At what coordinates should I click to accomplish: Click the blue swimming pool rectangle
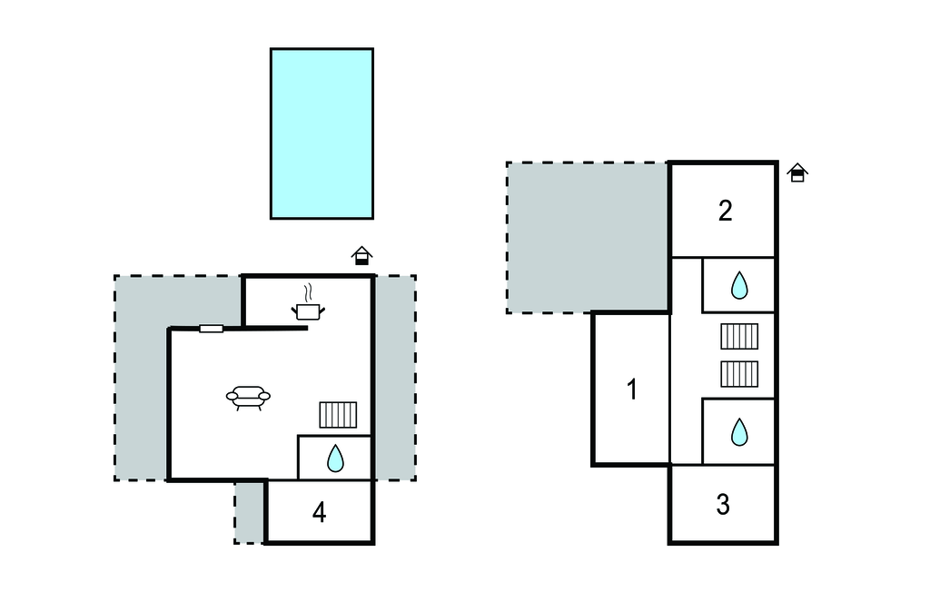[322, 133]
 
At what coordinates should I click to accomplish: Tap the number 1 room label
[632, 390]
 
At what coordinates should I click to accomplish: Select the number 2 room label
[725, 211]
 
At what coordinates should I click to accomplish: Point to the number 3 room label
[723, 505]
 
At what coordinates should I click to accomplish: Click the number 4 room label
[319, 513]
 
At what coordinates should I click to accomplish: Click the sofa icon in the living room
[248, 397]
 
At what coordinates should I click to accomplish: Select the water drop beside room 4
[335, 459]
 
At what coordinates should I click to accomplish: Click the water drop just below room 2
[739, 286]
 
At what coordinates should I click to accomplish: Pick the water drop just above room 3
[739, 432]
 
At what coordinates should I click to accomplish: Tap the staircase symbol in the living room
[338, 415]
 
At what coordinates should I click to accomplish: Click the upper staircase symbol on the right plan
[739, 336]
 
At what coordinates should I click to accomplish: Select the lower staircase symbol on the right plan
[739, 374]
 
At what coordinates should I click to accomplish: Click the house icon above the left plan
[362, 256]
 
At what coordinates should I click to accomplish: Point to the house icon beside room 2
[797, 173]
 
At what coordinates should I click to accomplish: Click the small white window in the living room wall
[212, 329]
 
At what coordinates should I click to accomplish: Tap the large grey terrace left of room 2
[587, 236]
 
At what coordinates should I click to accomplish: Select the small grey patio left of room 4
[249, 512]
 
